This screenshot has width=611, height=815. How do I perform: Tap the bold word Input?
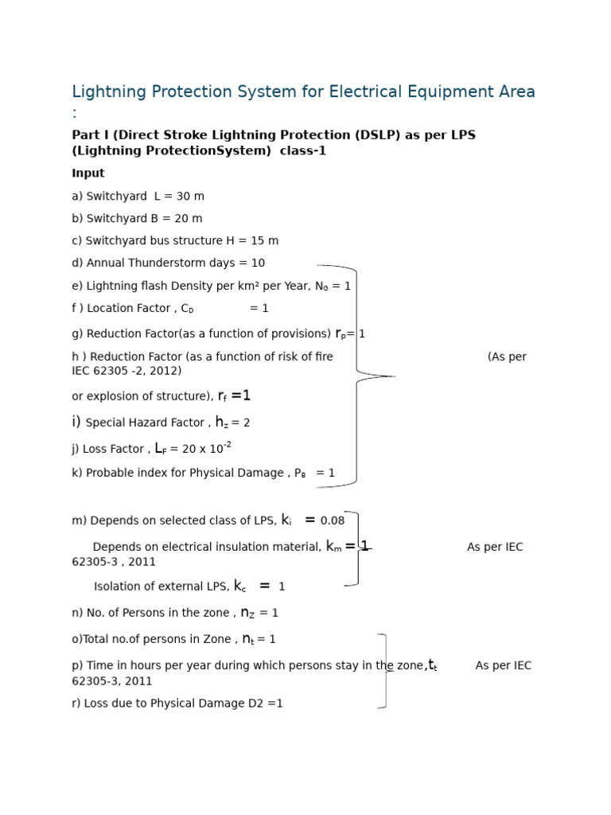[88, 174]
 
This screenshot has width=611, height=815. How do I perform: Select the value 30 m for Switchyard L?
[190, 197]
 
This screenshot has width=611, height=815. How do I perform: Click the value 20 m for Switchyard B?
[189, 219]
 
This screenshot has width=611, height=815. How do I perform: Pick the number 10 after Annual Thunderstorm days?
[258, 263]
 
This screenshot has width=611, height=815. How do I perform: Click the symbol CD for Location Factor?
[187, 309]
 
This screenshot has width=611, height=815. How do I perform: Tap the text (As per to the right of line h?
[507, 357]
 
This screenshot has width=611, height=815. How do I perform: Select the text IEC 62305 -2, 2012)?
[126, 371]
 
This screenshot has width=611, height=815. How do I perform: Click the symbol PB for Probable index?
[300, 474]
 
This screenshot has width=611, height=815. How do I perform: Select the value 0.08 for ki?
[333, 521]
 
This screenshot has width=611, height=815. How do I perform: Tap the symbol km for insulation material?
[333, 547]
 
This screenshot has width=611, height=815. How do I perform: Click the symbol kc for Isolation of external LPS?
[239, 587]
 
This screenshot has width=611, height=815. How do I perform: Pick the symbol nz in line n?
[247, 613]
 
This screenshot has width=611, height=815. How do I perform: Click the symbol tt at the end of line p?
[432, 665]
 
